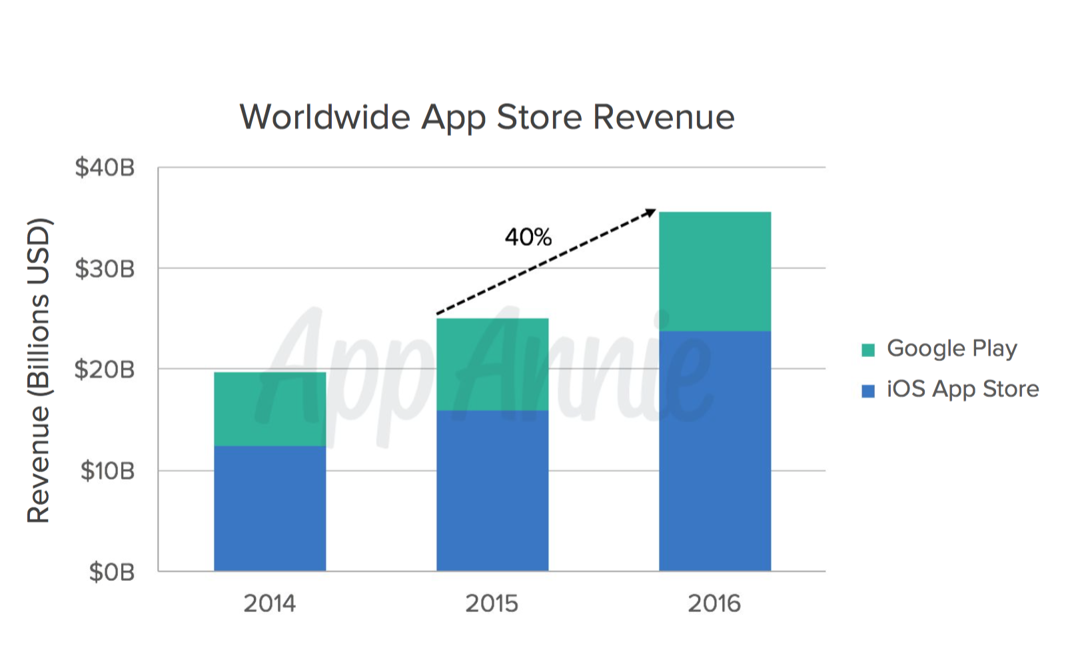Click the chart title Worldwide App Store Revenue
coord(487,117)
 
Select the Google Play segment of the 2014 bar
coord(270,408)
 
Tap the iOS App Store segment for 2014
coord(270,508)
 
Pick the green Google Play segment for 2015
coord(492,364)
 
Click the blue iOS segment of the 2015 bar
coord(492,490)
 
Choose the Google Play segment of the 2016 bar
coord(715,271)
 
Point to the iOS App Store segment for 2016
coord(715,451)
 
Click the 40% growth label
coord(528,237)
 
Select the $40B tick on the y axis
coord(105,168)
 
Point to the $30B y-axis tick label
coord(105,269)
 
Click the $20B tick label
coord(105,370)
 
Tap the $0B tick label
coord(112,572)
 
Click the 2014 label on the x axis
coord(269,603)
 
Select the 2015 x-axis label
coord(492,603)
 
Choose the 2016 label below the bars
coord(714,603)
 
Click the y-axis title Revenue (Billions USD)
coord(39,370)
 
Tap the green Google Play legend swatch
coord(868,350)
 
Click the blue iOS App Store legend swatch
coord(868,390)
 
